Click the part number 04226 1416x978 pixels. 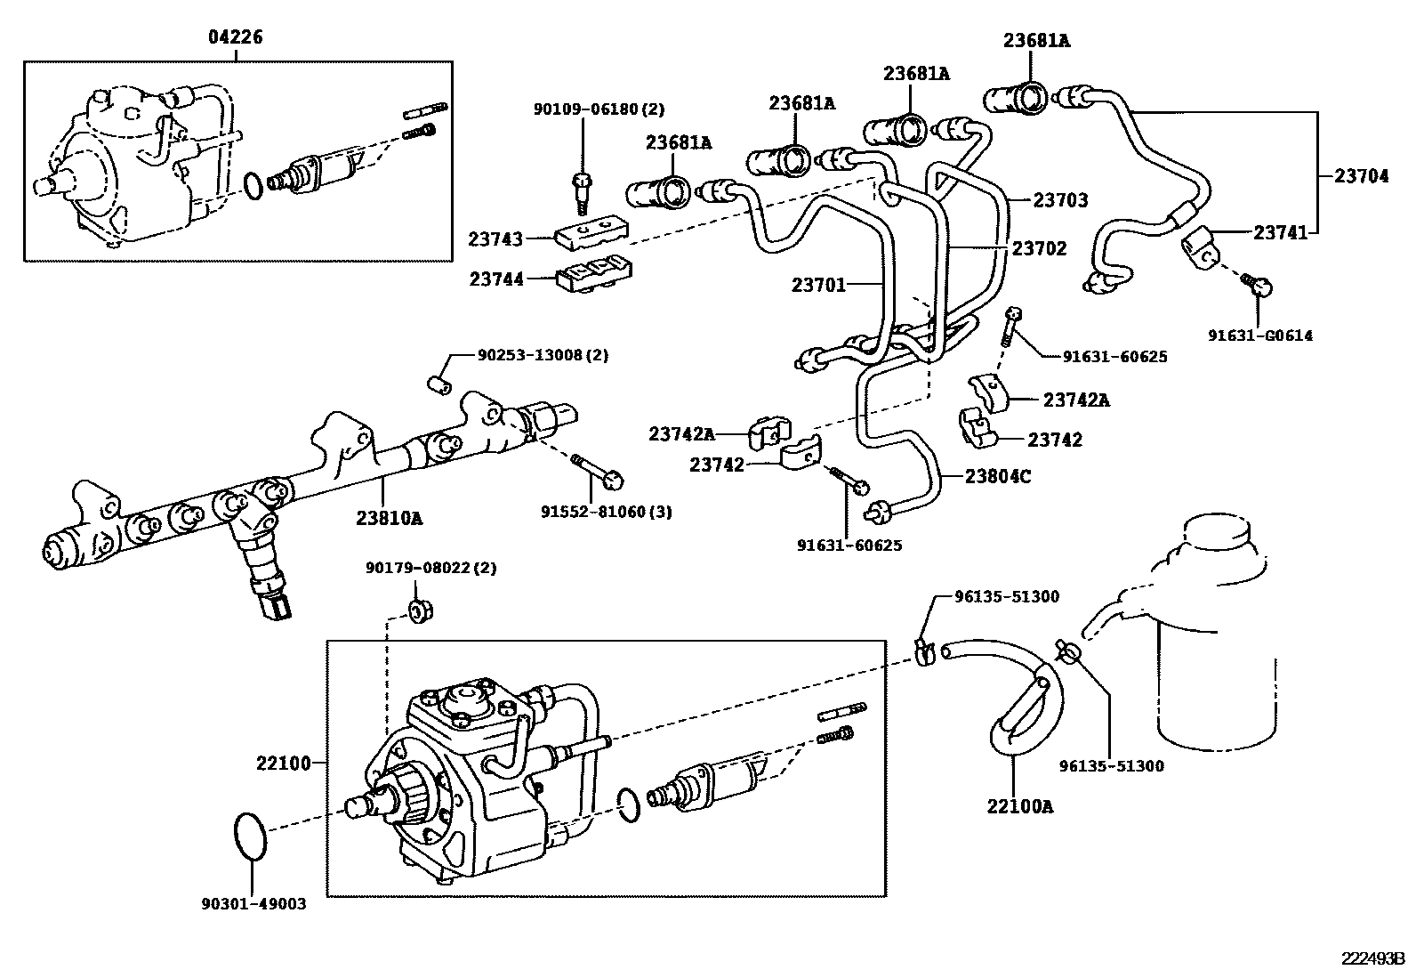236,37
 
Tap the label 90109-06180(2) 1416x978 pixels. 599,109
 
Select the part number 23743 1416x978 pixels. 495,238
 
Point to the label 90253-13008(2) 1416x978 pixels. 543,354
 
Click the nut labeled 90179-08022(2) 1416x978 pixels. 419,610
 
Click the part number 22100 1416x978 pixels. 283,763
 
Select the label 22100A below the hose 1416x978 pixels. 1019,806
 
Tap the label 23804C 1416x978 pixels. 998,477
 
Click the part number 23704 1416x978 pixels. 1361,176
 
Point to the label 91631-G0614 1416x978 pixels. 1259,335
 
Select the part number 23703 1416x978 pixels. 1060,200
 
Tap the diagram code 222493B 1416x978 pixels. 1372,958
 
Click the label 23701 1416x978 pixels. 818,285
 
